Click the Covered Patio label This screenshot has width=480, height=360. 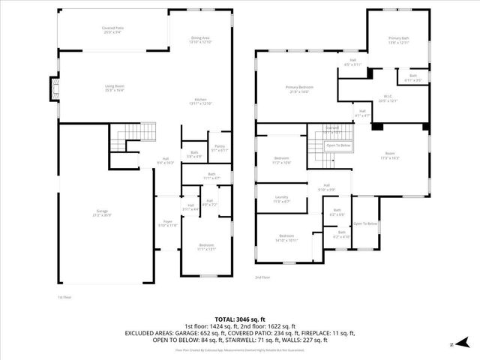113,30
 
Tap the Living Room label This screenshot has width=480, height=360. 114,88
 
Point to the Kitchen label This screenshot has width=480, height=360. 201,101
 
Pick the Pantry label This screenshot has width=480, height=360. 220,148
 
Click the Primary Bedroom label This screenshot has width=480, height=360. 299,89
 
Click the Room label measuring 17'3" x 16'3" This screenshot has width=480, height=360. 390,155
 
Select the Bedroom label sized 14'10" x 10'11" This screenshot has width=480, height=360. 288,238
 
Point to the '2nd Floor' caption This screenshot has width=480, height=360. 262,277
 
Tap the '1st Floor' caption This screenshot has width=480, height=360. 64,297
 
